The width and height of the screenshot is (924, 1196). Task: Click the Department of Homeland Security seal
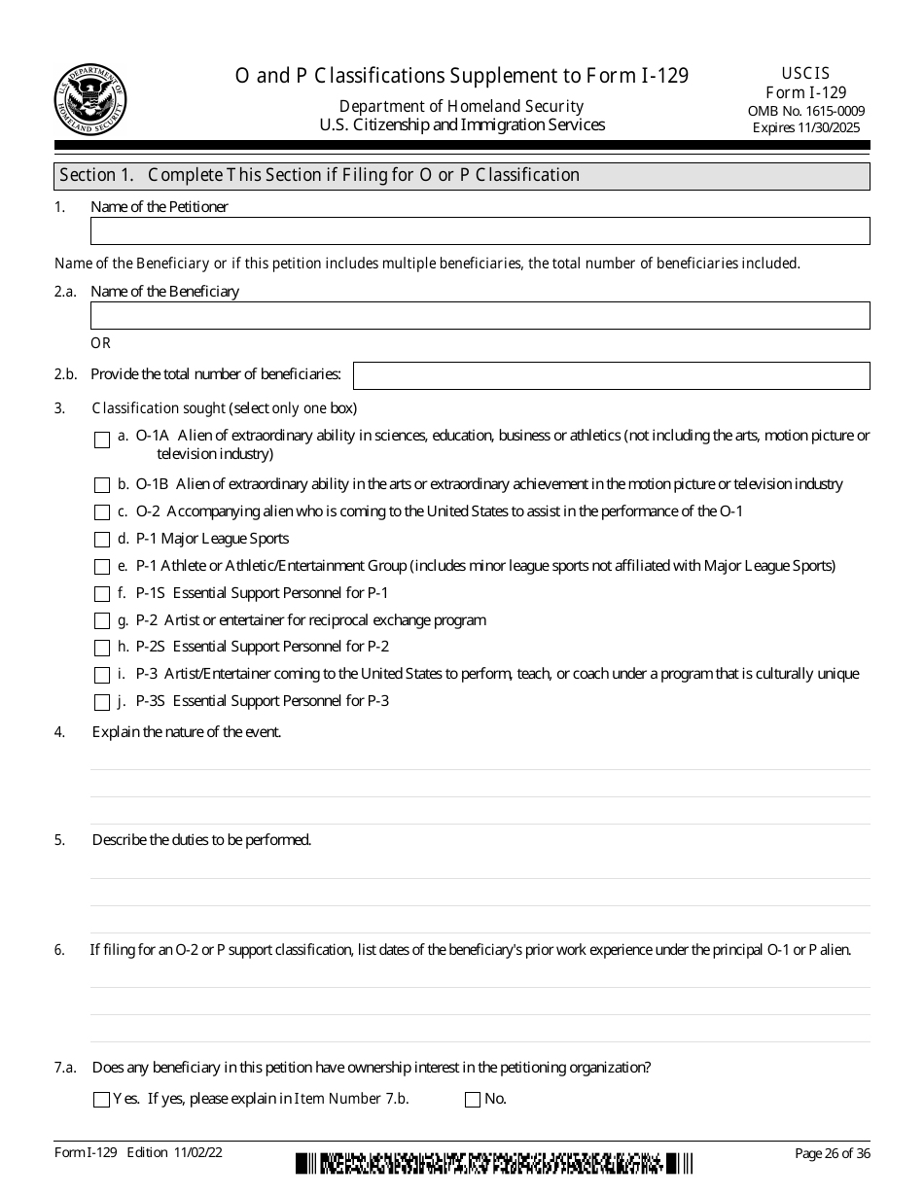[x=90, y=101]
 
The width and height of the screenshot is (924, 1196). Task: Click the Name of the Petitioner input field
[x=480, y=230]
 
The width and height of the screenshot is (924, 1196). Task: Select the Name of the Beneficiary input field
[x=480, y=315]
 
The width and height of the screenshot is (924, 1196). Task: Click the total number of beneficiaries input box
[x=611, y=375]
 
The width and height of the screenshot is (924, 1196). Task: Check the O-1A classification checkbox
[x=102, y=440]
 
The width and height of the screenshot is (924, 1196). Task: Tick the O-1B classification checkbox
[x=102, y=485]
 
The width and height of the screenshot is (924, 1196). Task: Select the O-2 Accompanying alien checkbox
[x=102, y=512]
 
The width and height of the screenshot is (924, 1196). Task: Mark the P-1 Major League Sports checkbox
[x=102, y=540]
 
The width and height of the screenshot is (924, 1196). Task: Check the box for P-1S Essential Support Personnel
[x=102, y=594]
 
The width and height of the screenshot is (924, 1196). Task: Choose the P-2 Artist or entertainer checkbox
[x=102, y=621]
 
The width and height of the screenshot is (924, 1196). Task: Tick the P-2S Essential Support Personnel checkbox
[x=102, y=648]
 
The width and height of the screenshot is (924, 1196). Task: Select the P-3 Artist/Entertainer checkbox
[x=102, y=675]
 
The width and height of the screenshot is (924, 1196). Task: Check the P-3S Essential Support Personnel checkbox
[x=102, y=702]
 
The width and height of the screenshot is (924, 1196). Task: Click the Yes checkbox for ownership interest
[x=101, y=1100]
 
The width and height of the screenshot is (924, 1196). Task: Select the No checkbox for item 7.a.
[x=473, y=1100]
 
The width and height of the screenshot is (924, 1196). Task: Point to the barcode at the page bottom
[x=495, y=1163]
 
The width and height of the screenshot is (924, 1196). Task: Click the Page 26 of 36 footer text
[x=832, y=1153]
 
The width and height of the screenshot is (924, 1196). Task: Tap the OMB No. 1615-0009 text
[x=806, y=111]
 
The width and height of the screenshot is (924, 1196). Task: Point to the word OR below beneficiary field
[x=101, y=343]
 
